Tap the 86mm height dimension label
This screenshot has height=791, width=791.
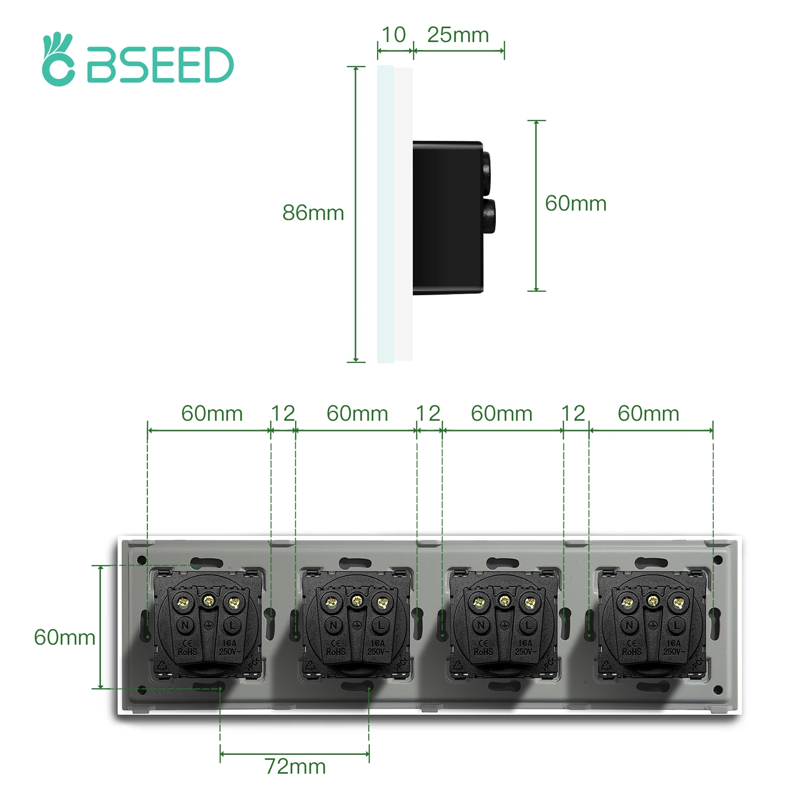[x=313, y=213]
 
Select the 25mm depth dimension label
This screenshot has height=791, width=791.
[x=458, y=35]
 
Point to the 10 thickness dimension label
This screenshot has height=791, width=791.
[x=394, y=35]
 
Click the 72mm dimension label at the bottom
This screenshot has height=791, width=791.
[x=295, y=767]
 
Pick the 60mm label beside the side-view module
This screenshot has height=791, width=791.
[x=575, y=204]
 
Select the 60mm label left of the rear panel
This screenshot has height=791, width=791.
[x=64, y=637]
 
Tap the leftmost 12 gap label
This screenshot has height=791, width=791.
[x=283, y=414]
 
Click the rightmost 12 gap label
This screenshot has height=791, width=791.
[x=573, y=414]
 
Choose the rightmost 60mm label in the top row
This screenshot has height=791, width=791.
[x=648, y=414]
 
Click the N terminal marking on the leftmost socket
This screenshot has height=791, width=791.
[x=185, y=625]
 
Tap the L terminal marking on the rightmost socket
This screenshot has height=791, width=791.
[x=676, y=625]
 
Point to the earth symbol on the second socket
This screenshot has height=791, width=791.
[x=357, y=625]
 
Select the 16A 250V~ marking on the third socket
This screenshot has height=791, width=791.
[x=526, y=648]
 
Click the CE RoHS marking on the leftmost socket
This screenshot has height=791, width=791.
[x=187, y=648]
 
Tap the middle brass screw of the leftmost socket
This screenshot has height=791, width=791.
[x=209, y=601]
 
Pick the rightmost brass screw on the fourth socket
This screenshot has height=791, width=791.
[x=678, y=603]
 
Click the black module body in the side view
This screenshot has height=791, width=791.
[x=447, y=218]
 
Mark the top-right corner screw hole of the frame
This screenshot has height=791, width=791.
[x=718, y=560]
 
